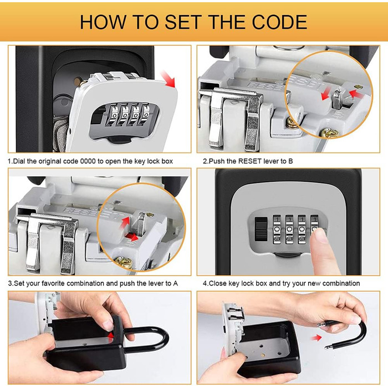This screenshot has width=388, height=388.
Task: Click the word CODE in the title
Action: tap(279, 22)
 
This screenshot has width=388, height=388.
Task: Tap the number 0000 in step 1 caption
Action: tap(88, 161)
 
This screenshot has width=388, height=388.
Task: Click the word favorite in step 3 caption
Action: tap(53, 283)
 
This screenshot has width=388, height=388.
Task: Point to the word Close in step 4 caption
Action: tap(217, 283)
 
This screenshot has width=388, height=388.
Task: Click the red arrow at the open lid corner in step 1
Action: tap(169, 79)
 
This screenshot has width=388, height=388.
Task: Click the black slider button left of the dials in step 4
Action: tap(261, 229)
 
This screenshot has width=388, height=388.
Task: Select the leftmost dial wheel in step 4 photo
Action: tap(277, 229)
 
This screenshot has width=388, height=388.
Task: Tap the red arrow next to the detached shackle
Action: tap(316, 338)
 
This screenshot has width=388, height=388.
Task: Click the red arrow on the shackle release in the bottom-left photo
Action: tap(111, 335)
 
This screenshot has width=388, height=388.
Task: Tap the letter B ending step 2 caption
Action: tap(291, 161)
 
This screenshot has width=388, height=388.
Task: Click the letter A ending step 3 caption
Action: tap(176, 283)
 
